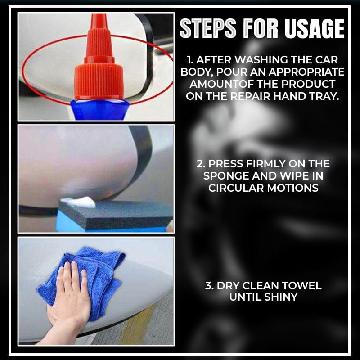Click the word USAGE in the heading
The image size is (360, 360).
[x=315, y=29]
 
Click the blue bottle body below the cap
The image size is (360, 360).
[x=99, y=110]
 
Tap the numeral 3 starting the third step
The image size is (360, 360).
[x=208, y=286]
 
